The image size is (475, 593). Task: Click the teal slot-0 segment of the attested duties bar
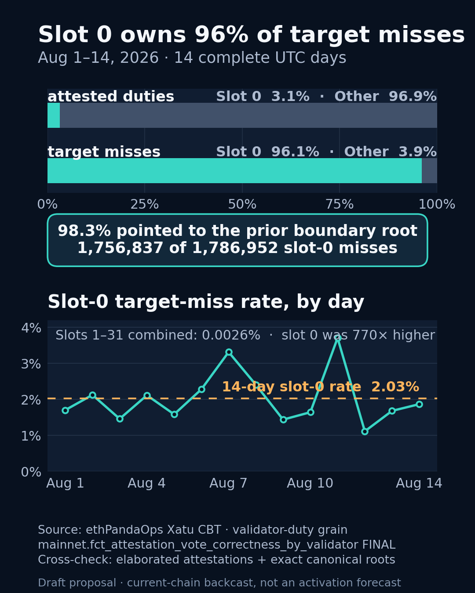click(x=54, y=115)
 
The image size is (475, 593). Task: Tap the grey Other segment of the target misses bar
click(x=429, y=170)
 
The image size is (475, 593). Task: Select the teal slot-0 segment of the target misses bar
click(x=234, y=170)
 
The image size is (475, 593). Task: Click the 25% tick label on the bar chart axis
click(x=145, y=204)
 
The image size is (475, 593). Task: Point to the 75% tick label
click(x=340, y=204)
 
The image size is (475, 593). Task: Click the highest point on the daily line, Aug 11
click(x=337, y=337)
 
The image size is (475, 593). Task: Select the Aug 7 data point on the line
click(x=229, y=352)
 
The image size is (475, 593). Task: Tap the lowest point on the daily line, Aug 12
click(x=365, y=431)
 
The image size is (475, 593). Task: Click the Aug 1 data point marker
click(x=66, y=410)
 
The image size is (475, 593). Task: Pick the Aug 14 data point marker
click(x=419, y=404)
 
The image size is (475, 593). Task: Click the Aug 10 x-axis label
click(x=310, y=483)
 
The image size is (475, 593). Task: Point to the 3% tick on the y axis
click(x=31, y=364)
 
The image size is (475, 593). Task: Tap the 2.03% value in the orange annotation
click(x=395, y=387)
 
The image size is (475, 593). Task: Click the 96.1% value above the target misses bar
click(x=295, y=152)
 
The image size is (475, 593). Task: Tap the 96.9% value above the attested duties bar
click(x=413, y=97)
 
